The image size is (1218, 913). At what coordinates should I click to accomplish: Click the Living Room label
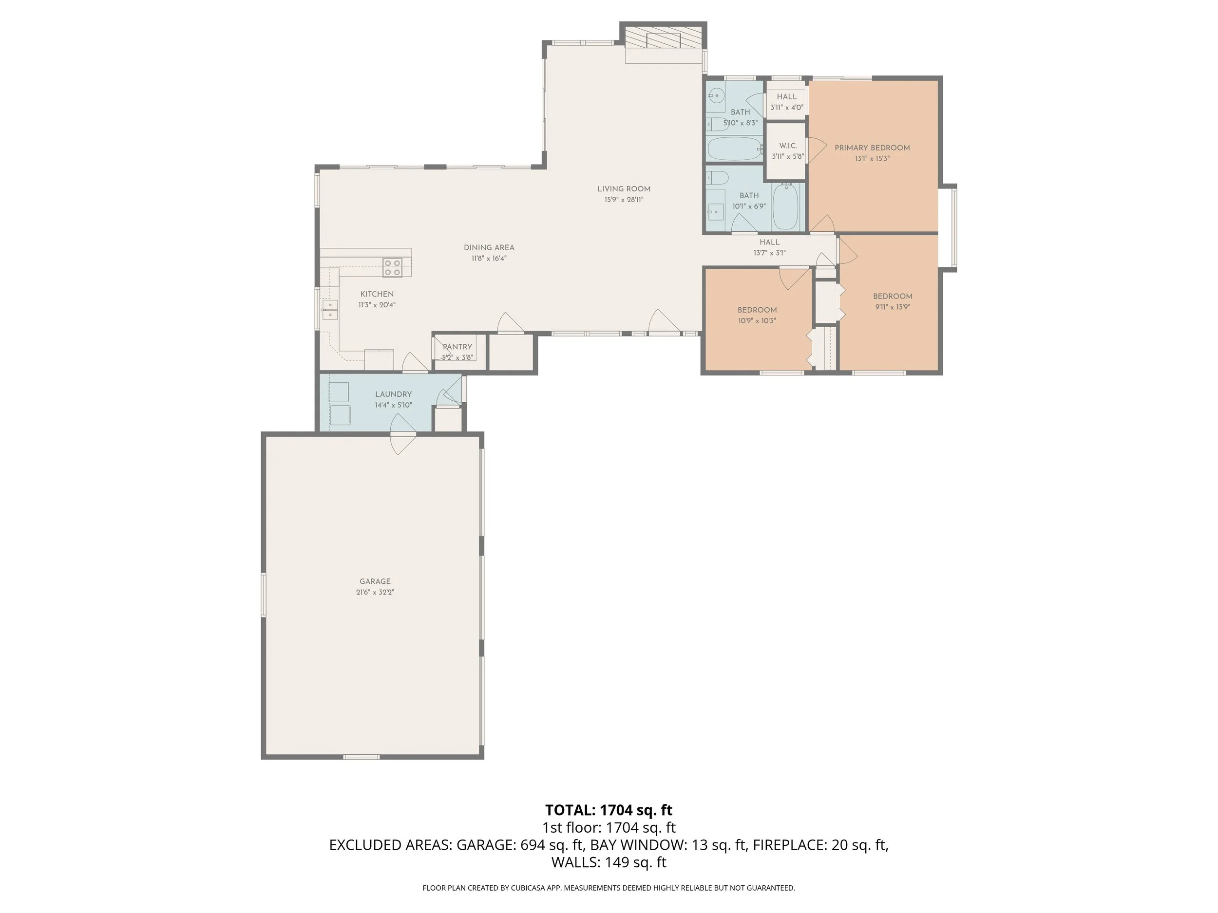pyautogui.click(x=624, y=189)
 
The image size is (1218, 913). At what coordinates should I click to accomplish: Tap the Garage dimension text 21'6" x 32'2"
pyautogui.click(x=375, y=592)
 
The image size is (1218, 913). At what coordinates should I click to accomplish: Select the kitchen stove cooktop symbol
pyautogui.click(x=393, y=267)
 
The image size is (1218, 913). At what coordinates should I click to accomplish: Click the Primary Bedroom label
pyautogui.click(x=872, y=148)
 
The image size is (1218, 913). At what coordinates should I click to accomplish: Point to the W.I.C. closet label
pyautogui.click(x=788, y=146)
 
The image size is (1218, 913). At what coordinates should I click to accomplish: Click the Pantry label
pyautogui.click(x=457, y=347)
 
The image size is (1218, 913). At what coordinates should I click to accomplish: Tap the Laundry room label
pyautogui.click(x=394, y=394)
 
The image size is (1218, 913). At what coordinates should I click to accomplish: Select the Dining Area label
pyautogui.click(x=489, y=248)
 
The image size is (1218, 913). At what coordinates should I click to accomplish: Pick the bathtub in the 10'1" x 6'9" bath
pyautogui.click(x=786, y=207)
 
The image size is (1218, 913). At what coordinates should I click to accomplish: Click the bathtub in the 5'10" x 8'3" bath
pyautogui.click(x=734, y=148)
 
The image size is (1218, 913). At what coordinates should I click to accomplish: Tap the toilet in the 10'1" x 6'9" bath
pyautogui.click(x=718, y=177)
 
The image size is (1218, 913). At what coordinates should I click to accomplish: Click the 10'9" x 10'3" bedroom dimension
pyautogui.click(x=757, y=321)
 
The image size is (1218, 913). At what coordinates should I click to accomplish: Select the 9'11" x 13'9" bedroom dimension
pyautogui.click(x=893, y=307)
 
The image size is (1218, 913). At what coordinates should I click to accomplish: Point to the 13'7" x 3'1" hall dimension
pyautogui.click(x=769, y=253)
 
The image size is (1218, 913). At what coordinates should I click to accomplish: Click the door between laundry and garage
pyautogui.click(x=403, y=434)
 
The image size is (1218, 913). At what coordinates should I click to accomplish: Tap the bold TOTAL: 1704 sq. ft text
pyautogui.click(x=609, y=810)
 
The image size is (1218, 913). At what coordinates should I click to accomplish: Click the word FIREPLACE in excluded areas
pyautogui.click(x=790, y=845)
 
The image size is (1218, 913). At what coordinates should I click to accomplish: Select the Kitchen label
pyautogui.click(x=377, y=294)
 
